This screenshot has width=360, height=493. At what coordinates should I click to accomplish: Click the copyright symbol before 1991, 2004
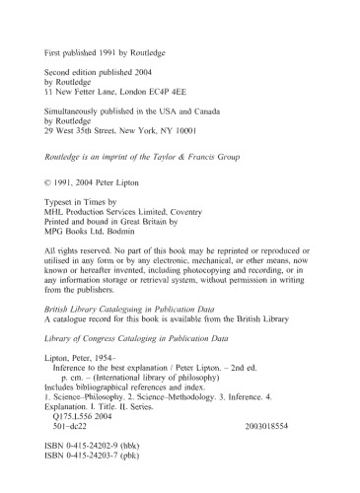[51, 183]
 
